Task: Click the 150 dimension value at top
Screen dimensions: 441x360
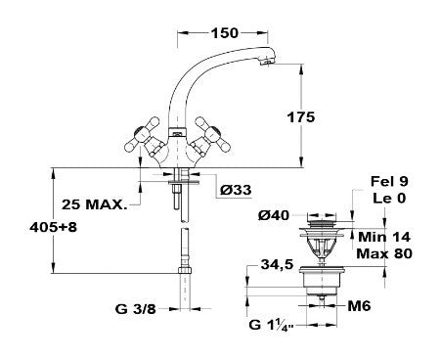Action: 225,32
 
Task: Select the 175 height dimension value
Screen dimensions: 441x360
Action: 301,117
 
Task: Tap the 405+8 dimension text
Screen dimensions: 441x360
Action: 53,227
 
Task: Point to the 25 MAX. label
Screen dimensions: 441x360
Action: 94,204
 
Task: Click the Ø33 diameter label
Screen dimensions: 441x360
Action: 236,190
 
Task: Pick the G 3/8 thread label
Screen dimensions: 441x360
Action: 136,309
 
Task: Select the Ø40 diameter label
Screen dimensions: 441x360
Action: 274,215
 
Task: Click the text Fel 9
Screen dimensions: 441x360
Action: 389,181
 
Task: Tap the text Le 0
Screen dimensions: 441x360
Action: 389,198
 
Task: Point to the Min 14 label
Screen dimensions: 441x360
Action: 384,237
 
